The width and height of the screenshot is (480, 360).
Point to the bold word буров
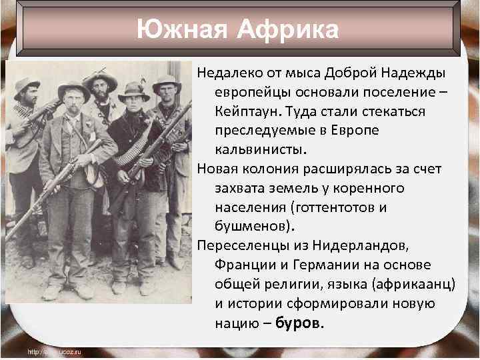click(299, 323)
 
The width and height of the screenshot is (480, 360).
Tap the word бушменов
click(251, 226)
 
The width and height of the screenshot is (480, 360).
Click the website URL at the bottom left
click(53, 351)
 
